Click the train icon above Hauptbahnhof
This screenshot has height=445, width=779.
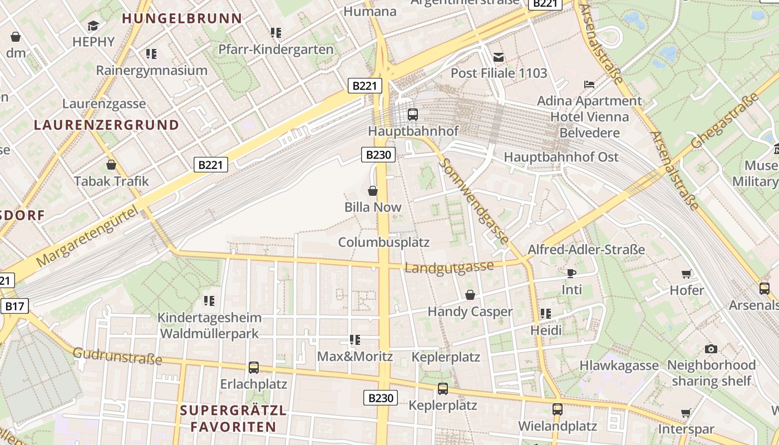412,115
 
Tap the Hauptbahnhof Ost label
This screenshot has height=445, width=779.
561,157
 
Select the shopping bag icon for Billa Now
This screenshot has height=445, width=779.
373,191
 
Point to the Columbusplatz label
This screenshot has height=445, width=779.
384,243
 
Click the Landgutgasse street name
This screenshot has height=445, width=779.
449,268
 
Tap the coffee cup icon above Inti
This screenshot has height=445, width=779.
571,273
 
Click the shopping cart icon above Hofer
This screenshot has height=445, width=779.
686,274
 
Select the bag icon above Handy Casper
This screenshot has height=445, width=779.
470,295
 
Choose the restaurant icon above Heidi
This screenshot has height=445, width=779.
545,314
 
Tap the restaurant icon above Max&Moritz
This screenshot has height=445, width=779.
354,340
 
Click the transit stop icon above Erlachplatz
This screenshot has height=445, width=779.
254,368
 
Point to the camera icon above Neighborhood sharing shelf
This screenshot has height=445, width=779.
711,349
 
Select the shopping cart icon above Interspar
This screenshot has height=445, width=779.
686,413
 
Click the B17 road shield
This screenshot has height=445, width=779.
14,306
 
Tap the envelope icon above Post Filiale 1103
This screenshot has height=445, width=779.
498,57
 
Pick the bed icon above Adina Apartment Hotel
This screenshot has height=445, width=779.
589,85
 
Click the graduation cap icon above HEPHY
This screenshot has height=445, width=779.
93,26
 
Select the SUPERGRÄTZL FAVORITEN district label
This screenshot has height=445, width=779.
233,419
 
